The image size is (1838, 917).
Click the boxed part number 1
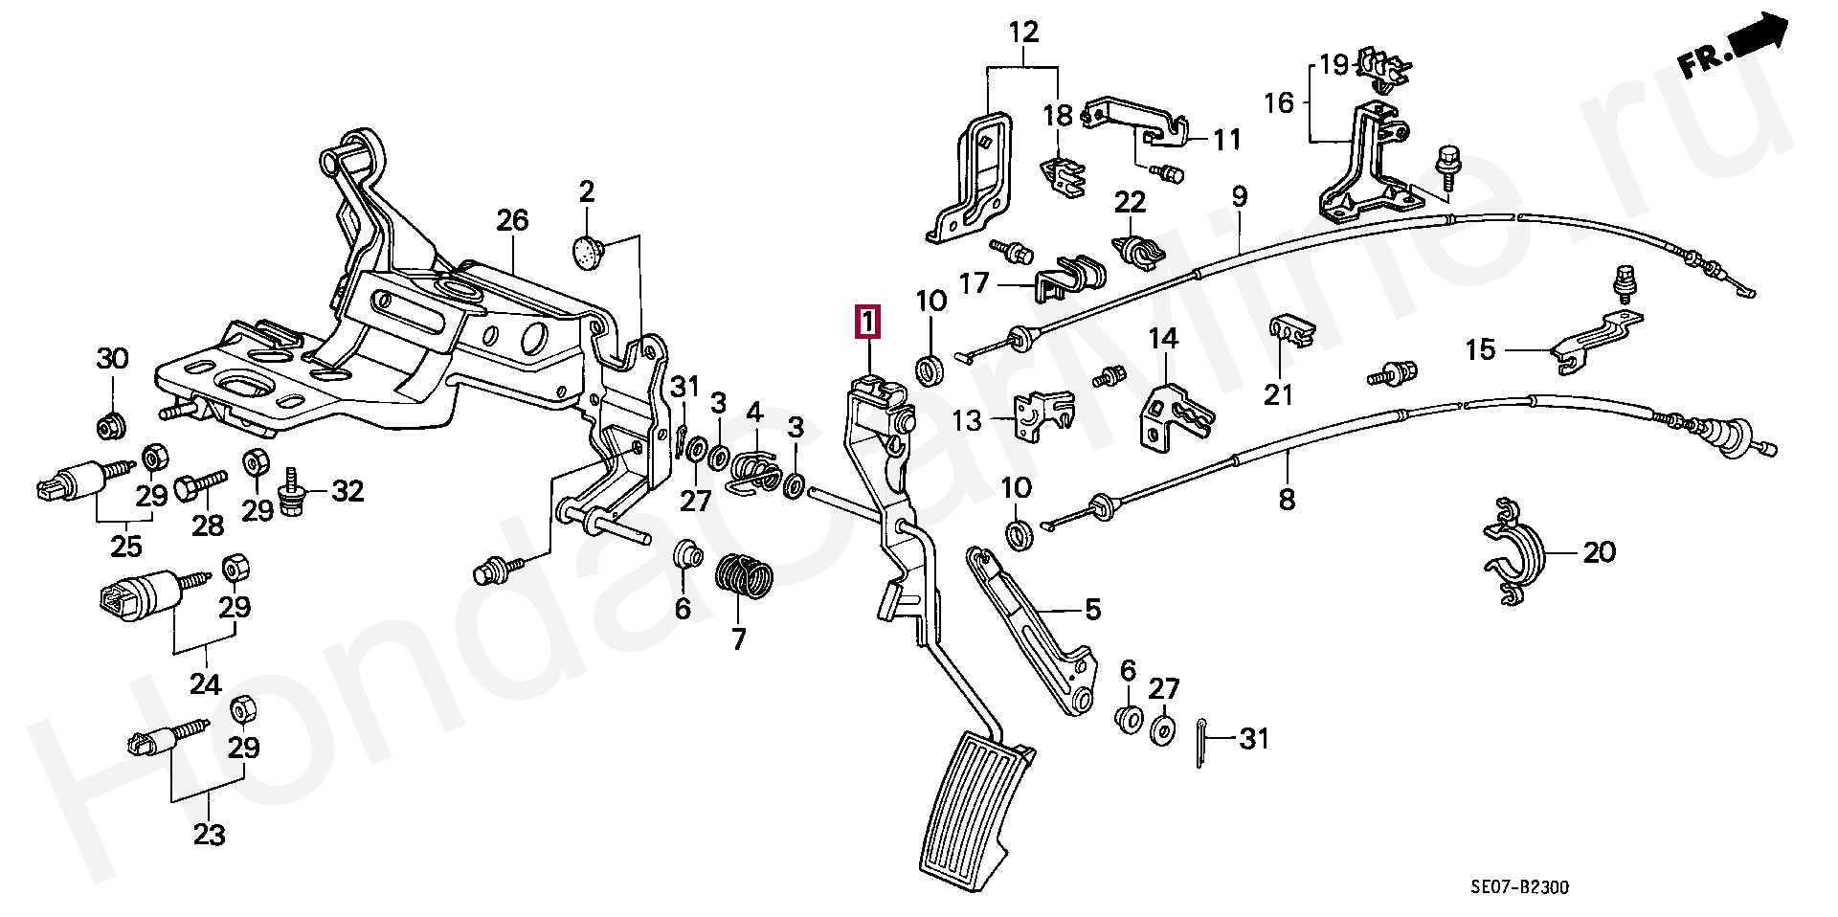pyautogui.click(x=865, y=323)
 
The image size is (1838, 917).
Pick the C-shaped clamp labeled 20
pyautogui.click(x=1513, y=553)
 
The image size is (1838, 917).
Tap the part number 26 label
pyautogui.click(x=512, y=221)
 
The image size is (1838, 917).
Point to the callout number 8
pyautogui.click(x=1287, y=499)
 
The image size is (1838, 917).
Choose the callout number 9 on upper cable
pyautogui.click(x=1240, y=198)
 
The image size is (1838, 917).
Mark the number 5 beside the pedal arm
pyautogui.click(x=1092, y=609)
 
